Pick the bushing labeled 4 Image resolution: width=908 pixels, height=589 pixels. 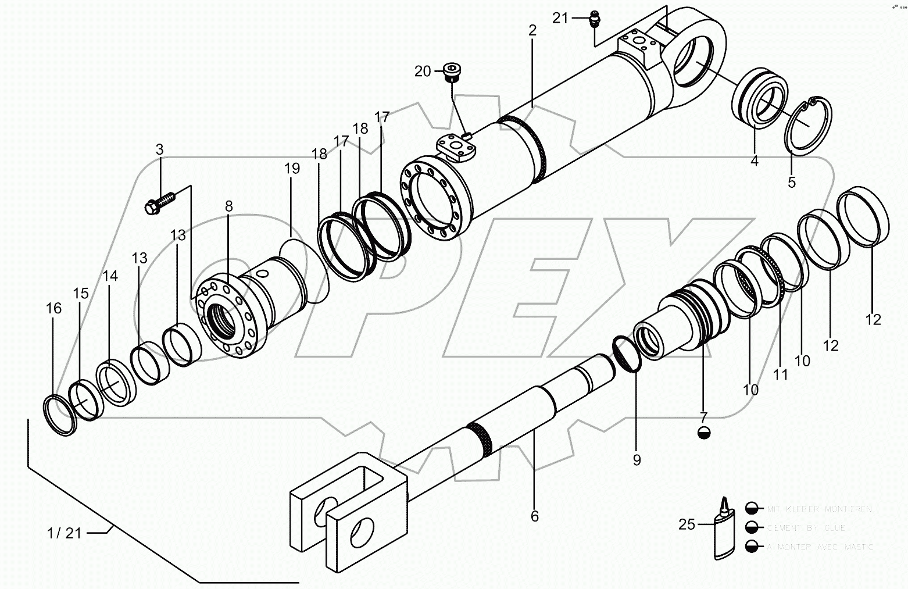coord(758,102)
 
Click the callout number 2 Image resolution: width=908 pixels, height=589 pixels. coord(532,31)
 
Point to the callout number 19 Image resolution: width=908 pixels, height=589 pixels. coord(292,169)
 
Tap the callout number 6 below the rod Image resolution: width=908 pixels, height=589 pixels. coord(534,516)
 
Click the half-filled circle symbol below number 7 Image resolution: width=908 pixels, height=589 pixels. coord(703,433)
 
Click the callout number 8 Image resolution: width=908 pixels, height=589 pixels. coord(228,205)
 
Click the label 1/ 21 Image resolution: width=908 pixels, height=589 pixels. coord(65,533)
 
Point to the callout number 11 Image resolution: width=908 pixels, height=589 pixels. coord(780,375)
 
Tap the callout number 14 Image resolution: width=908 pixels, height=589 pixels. coord(110,276)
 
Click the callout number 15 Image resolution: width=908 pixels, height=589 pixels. coord(81,293)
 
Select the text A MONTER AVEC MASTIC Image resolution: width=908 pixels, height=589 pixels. coord(820,547)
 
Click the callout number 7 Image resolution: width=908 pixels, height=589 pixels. coord(703,417)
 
